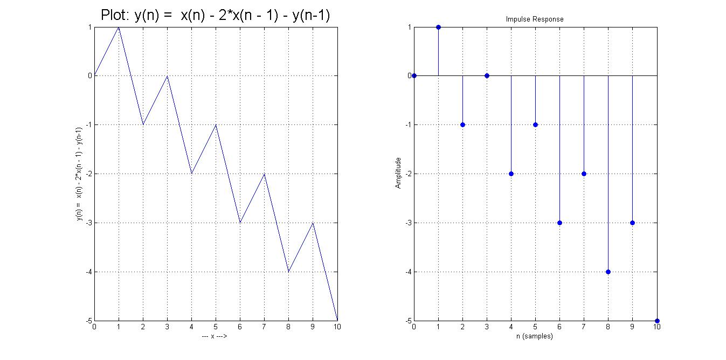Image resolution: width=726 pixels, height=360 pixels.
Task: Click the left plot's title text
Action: [215, 16]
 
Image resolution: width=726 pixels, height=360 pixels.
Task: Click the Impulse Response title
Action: [534, 19]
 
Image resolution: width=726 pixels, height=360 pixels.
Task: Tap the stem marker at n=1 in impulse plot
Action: [438, 27]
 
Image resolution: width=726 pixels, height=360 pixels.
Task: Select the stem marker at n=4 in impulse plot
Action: [511, 174]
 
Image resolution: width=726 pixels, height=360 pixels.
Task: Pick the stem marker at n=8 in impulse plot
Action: [608, 272]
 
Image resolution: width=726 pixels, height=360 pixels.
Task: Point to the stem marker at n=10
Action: [656, 321]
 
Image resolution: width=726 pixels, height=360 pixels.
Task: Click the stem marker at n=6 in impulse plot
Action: [559, 223]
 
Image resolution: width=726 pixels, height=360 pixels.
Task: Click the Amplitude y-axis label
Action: [398, 173]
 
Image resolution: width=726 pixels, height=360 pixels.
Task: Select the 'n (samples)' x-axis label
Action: [534, 336]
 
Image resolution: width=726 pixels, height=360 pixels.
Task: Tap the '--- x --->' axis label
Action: [215, 336]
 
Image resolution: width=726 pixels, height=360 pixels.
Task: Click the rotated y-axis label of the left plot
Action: [79, 174]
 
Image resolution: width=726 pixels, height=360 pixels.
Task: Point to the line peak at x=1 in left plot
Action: [119, 27]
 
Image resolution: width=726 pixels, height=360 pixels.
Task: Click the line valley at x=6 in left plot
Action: [240, 223]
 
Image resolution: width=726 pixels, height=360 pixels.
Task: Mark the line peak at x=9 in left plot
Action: [313, 223]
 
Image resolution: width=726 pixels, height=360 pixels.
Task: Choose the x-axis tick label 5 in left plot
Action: [216, 327]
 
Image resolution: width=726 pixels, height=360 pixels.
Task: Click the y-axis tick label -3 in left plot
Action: [88, 223]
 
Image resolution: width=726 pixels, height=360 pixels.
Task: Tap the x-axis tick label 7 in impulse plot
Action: [584, 327]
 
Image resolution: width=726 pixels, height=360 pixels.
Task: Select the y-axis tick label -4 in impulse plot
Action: [407, 272]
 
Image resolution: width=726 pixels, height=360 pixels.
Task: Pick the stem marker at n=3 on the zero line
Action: [487, 75]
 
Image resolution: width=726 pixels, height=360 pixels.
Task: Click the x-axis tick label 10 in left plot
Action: [337, 327]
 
